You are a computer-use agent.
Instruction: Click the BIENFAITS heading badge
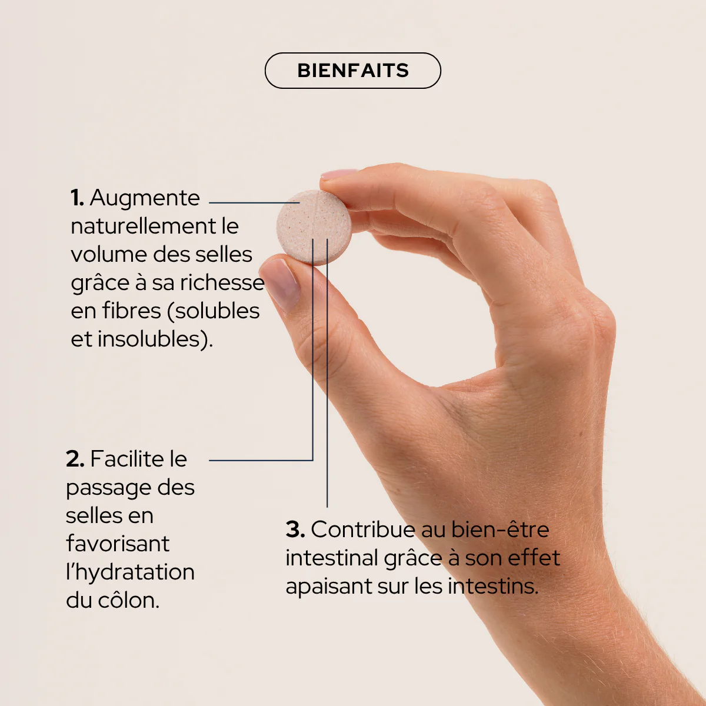tap(353, 71)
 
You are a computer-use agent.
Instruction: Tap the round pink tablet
tap(314, 227)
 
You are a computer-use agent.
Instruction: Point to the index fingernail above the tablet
tap(339, 174)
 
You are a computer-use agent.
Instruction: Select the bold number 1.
tap(77, 198)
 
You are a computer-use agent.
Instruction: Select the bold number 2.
tap(75, 459)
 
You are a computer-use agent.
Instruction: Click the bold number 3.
tap(295, 529)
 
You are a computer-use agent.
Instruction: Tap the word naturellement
tap(143, 226)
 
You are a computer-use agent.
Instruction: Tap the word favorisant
tap(118, 544)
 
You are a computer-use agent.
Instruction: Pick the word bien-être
tap(499, 529)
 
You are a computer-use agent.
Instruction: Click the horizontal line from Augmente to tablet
tap(254, 202)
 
